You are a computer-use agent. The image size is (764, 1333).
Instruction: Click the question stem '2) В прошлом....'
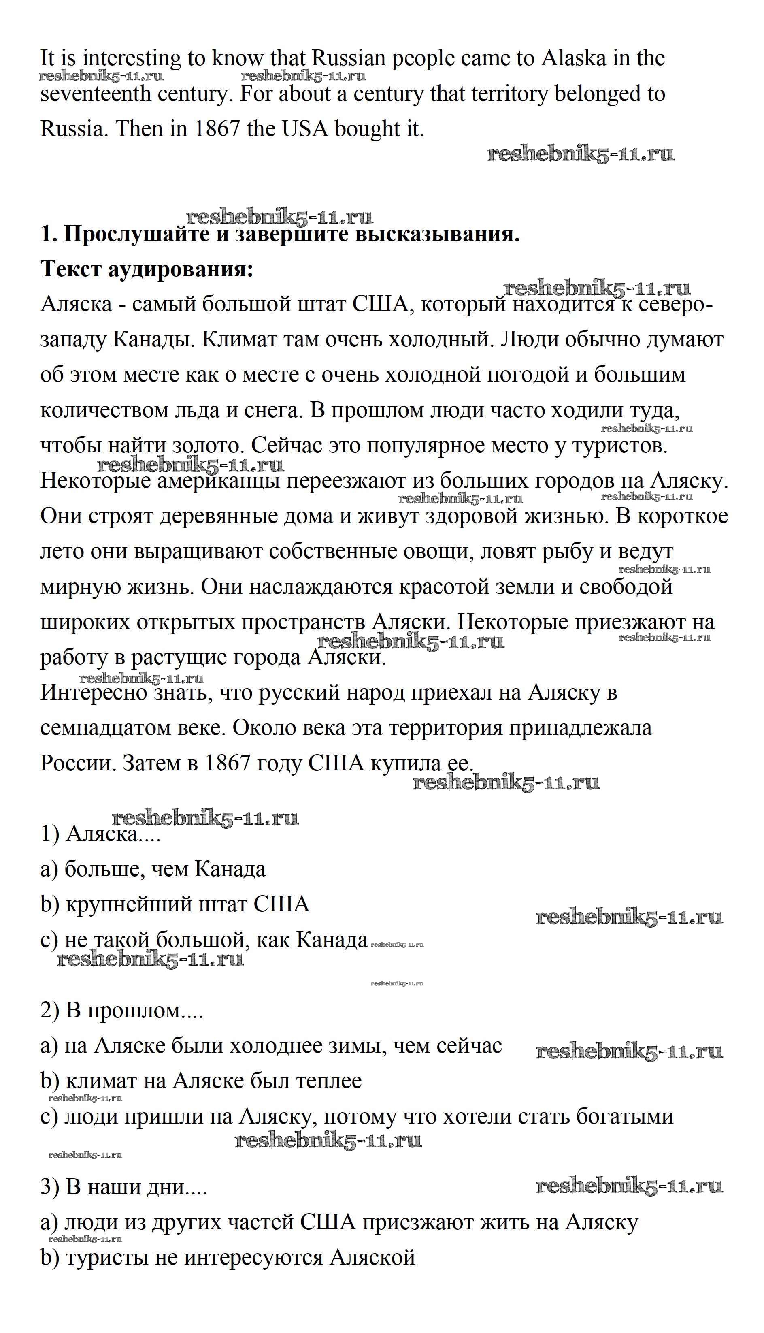(122, 1011)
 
